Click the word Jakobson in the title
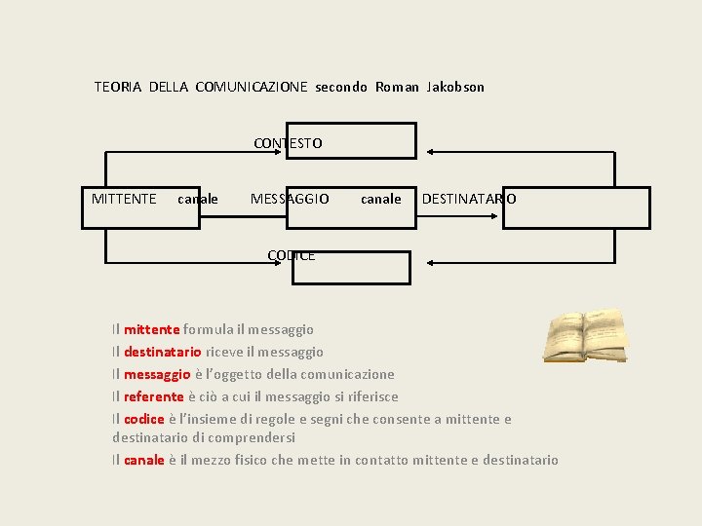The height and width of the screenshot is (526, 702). click(x=455, y=87)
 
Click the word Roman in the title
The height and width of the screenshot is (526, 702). click(x=397, y=87)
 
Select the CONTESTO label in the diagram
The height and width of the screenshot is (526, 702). click(x=288, y=143)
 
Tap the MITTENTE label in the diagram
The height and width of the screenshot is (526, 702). click(x=124, y=199)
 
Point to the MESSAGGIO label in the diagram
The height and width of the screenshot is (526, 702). click(x=290, y=199)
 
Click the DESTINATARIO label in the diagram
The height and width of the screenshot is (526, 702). click(x=469, y=199)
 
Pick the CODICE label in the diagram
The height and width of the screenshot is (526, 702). click(x=291, y=255)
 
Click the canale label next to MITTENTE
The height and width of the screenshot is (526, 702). click(x=198, y=199)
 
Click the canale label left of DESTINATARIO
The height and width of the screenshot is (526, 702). click(x=380, y=199)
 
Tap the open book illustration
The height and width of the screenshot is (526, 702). click(x=586, y=334)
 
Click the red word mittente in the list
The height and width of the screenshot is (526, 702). click(x=151, y=330)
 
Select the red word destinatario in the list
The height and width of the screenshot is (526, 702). click(x=163, y=352)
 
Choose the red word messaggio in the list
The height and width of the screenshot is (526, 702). click(x=157, y=374)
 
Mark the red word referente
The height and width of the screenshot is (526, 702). click(x=154, y=396)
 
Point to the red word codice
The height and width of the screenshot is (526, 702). click(x=144, y=419)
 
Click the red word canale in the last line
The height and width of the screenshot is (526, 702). click(x=144, y=460)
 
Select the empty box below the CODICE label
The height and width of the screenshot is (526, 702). click(x=352, y=268)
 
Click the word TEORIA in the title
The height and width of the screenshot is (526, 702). click(x=117, y=87)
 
